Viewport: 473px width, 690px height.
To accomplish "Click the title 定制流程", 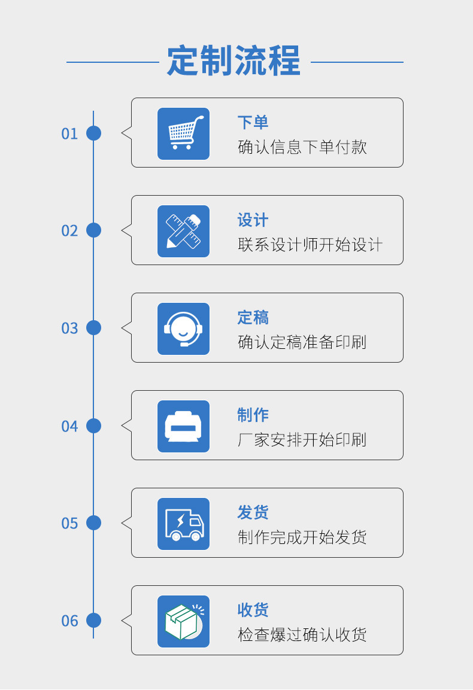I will point(234,60).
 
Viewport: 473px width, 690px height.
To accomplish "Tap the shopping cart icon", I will point(183,133).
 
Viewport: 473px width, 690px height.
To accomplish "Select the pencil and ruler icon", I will point(183,231).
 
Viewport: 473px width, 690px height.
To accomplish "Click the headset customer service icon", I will point(183,329).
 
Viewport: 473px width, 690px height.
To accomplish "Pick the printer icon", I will point(183,426).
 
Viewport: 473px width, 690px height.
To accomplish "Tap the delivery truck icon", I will point(183,524).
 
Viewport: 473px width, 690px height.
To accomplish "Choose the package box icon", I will point(183,621).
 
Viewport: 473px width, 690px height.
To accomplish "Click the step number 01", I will point(69,133).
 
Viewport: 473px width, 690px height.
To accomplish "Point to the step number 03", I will point(69,329).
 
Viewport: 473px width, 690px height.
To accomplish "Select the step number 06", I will point(69,621).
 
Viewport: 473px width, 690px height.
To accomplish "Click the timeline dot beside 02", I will point(93,230).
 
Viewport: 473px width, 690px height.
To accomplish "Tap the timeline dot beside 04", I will point(93,425).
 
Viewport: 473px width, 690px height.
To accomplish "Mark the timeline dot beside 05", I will point(93,523).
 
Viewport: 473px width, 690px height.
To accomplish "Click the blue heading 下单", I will point(253,123).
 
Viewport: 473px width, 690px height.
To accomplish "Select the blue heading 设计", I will point(253,220).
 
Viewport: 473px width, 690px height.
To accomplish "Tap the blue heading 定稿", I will point(253,318).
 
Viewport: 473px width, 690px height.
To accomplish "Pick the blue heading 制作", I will point(253,415).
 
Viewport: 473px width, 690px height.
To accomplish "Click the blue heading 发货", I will point(253,513).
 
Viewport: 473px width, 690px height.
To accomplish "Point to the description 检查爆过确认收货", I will point(302,635).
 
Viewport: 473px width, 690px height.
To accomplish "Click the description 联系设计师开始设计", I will point(310,245).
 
